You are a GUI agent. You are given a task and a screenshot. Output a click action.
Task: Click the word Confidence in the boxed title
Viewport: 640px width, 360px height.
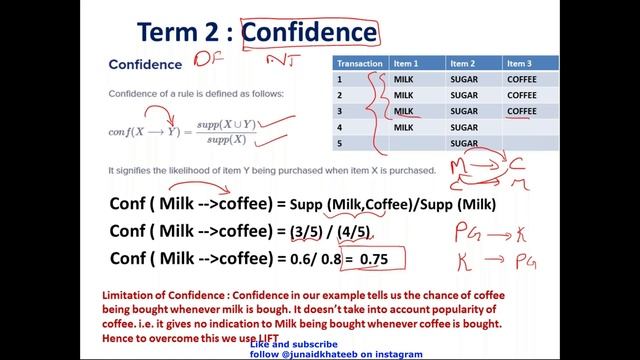pos(310,32)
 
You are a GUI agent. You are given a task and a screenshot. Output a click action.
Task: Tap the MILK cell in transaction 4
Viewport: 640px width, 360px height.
pos(404,127)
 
